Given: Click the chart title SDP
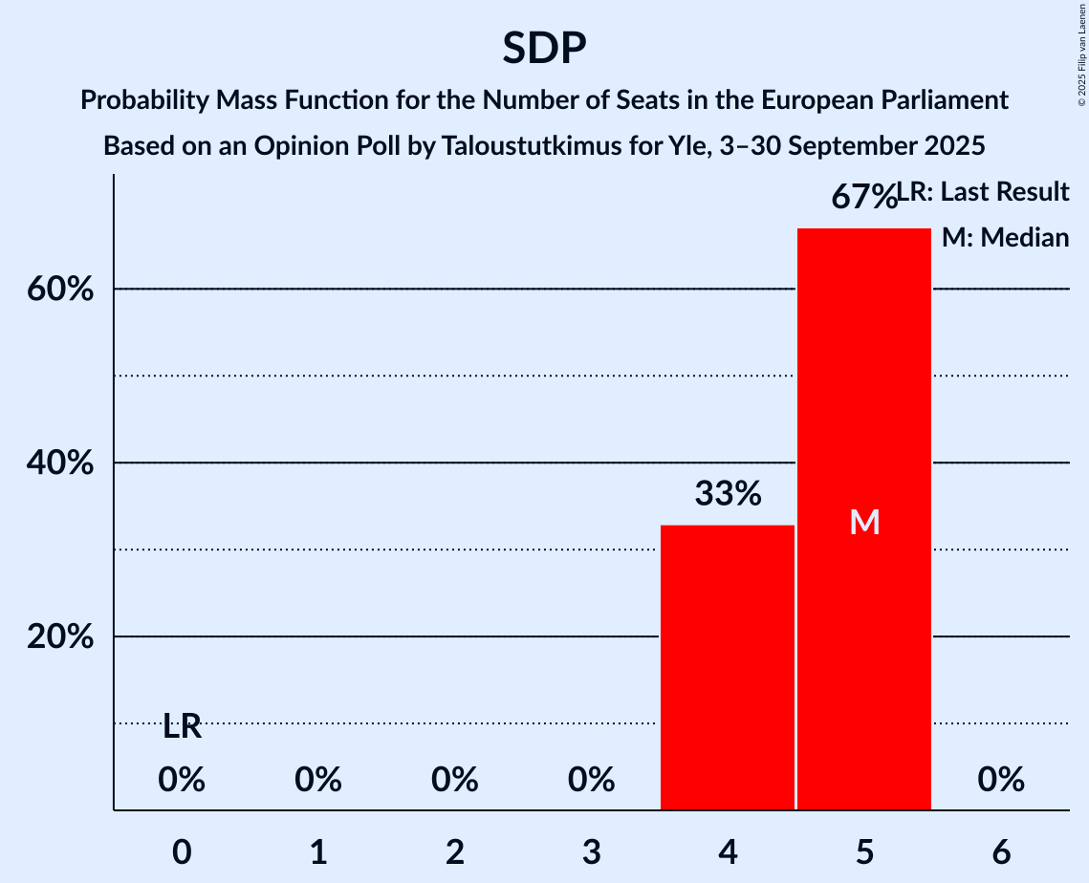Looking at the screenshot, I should coord(543,48).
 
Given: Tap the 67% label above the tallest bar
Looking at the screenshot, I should coord(862,197).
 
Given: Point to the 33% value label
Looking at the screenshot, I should coord(728,494).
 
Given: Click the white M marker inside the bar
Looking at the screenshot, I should coord(864,522).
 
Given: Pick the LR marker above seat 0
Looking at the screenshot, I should coord(182,727).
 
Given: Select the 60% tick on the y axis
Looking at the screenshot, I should coord(66,289).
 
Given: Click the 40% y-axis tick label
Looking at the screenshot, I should coord(66,463).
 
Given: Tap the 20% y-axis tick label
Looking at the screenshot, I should coord(66,636).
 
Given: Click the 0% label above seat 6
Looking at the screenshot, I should coord(1001,781).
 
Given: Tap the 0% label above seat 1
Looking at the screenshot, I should coord(318,781).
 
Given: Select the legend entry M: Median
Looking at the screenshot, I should coord(1005,238).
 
